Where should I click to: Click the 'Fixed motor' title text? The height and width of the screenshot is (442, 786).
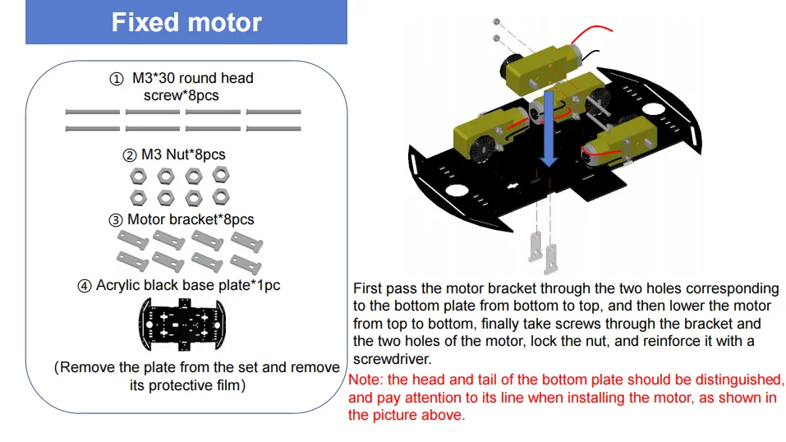point(186,22)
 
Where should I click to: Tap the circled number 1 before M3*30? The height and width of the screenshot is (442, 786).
point(117,79)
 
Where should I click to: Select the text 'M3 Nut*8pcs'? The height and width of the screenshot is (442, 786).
point(183,154)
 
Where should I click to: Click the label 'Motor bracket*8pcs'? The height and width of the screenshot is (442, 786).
point(191,219)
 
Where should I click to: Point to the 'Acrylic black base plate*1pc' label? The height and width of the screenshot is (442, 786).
point(188,285)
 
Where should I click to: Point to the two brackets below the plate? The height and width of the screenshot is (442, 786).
point(543,251)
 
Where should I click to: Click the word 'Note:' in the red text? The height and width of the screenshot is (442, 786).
point(366,380)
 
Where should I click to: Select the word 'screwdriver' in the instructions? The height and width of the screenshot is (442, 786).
point(391,360)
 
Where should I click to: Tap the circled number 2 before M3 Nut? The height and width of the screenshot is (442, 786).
point(129,155)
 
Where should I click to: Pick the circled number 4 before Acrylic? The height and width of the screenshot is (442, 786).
point(85,286)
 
